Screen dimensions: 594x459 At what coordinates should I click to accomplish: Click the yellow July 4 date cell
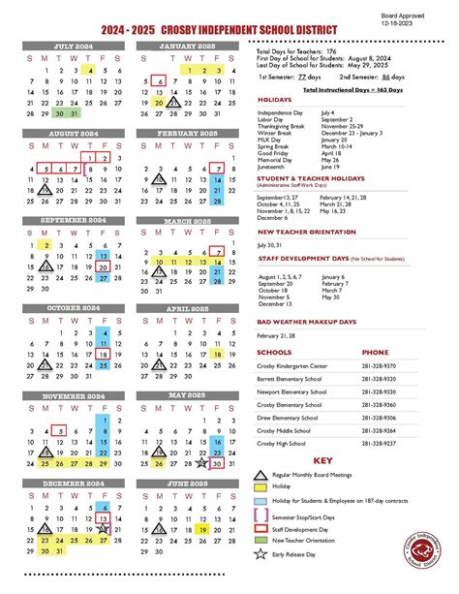[x=89, y=71]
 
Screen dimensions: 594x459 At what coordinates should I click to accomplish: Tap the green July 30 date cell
[x=59, y=113]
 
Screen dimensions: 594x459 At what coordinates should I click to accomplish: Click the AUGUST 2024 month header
[x=73, y=134]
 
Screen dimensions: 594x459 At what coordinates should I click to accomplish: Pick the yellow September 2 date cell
[x=45, y=245]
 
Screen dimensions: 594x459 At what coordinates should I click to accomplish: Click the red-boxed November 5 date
[x=59, y=430]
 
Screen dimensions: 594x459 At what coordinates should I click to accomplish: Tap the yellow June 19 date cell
[x=202, y=529]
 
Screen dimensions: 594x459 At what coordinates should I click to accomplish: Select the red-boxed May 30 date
[x=217, y=463]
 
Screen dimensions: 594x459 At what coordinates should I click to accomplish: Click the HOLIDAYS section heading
[x=276, y=99]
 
